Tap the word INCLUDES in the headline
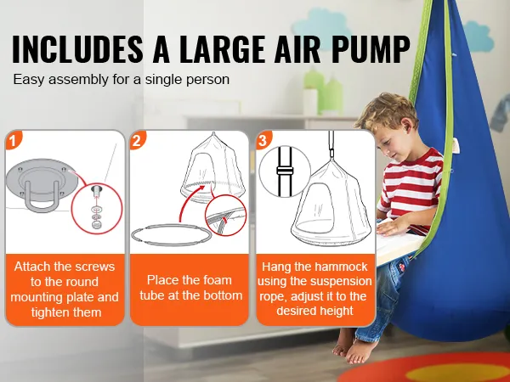(77, 48)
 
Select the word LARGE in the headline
(222, 48)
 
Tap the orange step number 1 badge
(13, 140)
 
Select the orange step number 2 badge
(137, 140)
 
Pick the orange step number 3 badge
(263, 140)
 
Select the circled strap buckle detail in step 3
(285, 171)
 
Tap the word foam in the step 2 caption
(218, 280)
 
